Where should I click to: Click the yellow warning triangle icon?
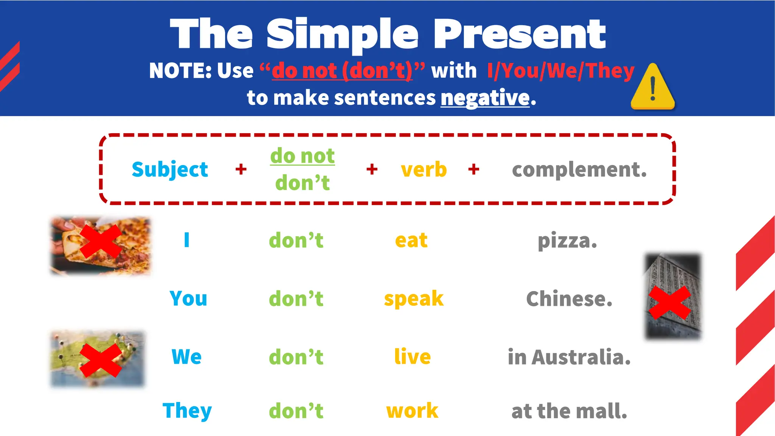[x=653, y=88]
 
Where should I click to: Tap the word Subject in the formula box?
[x=170, y=169]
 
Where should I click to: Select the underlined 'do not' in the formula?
[x=302, y=156]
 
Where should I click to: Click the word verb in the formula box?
[x=424, y=169]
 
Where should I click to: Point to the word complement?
[x=579, y=169]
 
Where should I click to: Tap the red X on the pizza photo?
[x=100, y=241]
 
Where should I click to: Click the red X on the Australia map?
[x=100, y=360]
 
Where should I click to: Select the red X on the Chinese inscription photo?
[x=669, y=302]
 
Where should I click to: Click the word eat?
[x=411, y=240]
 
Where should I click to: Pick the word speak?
[x=414, y=299]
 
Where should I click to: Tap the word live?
[x=412, y=357]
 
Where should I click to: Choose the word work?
[x=412, y=411]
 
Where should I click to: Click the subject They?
[x=187, y=411]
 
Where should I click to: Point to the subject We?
[x=187, y=357]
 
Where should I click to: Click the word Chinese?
[x=569, y=299]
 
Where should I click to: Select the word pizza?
[x=567, y=241]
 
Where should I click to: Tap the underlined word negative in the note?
[x=485, y=98]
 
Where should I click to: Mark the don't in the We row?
[x=296, y=357]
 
